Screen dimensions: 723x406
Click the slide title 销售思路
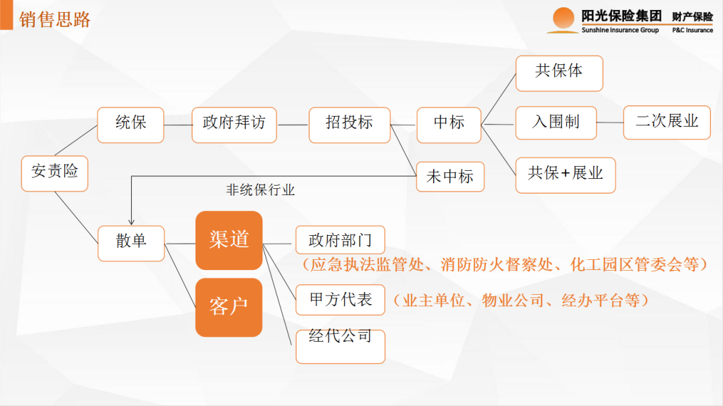click(55, 19)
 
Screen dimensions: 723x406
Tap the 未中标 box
click(450, 177)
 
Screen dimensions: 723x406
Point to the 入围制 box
click(556, 123)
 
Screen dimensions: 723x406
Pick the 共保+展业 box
click(566, 175)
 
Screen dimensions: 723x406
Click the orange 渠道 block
click(229, 241)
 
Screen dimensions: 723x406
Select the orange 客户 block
click(229, 308)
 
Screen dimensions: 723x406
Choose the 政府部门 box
click(340, 241)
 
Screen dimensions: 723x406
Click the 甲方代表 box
click(340, 299)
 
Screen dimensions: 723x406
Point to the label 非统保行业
click(260, 190)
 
